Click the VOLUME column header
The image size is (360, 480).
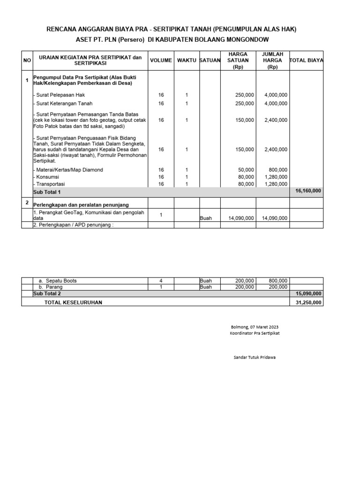[x=161, y=60]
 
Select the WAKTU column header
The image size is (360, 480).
[x=187, y=60]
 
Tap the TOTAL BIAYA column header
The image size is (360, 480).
[x=307, y=60]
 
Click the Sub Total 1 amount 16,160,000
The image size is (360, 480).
[x=308, y=191]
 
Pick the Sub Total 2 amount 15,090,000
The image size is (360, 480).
[x=308, y=293]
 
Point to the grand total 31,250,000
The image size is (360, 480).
[x=308, y=302]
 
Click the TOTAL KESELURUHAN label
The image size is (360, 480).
[x=73, y=302]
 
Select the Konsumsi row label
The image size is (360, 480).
[x=46, y=177]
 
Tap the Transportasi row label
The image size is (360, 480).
[x=49, y=184]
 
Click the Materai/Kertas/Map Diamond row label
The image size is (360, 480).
[x=68, y=170]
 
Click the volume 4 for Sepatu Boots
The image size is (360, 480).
[x=161, y=281]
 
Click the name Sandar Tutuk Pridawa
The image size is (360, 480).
[x=255, y=357]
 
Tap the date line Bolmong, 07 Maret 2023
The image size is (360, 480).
[x=255, y=327]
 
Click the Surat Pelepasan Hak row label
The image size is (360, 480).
[x=59, y=95]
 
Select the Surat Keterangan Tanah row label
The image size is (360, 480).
[x=63, y=104]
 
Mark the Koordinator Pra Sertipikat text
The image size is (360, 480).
[x=255, y=333]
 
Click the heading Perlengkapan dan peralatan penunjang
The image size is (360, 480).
[x=81, y=205]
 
